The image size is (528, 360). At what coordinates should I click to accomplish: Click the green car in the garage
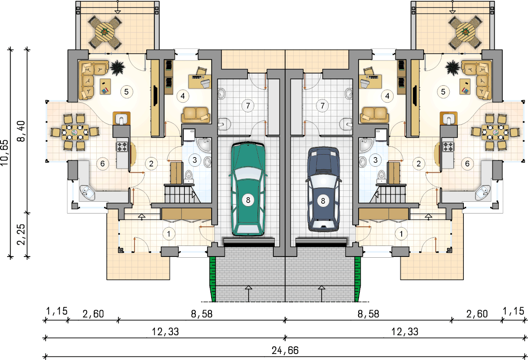pos(248,189)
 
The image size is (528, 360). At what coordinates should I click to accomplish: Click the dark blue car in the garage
pos(323,189)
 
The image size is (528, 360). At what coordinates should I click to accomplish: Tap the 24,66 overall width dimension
pos(285,350)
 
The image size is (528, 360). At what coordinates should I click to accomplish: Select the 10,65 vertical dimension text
pos(5,153)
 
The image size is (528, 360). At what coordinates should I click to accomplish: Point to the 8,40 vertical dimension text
pos(21,131)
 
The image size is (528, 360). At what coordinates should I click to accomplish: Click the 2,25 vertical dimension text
pos(21,234)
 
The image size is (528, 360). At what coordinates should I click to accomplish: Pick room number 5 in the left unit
pos(126,92)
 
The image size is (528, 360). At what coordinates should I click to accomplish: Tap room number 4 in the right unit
pos(387,96)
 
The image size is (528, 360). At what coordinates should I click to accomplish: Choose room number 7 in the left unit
pos(248,106)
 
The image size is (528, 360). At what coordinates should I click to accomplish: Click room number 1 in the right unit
pos(401,234)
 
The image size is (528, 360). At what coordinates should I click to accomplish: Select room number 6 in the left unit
pos(102,164)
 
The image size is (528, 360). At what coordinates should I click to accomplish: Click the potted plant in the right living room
pos(452,68)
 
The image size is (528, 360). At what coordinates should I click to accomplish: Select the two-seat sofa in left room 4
pos(195,115)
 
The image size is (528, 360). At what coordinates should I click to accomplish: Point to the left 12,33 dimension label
pos(165,332)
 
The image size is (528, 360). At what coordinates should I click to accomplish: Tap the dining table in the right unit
pos(495,132)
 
